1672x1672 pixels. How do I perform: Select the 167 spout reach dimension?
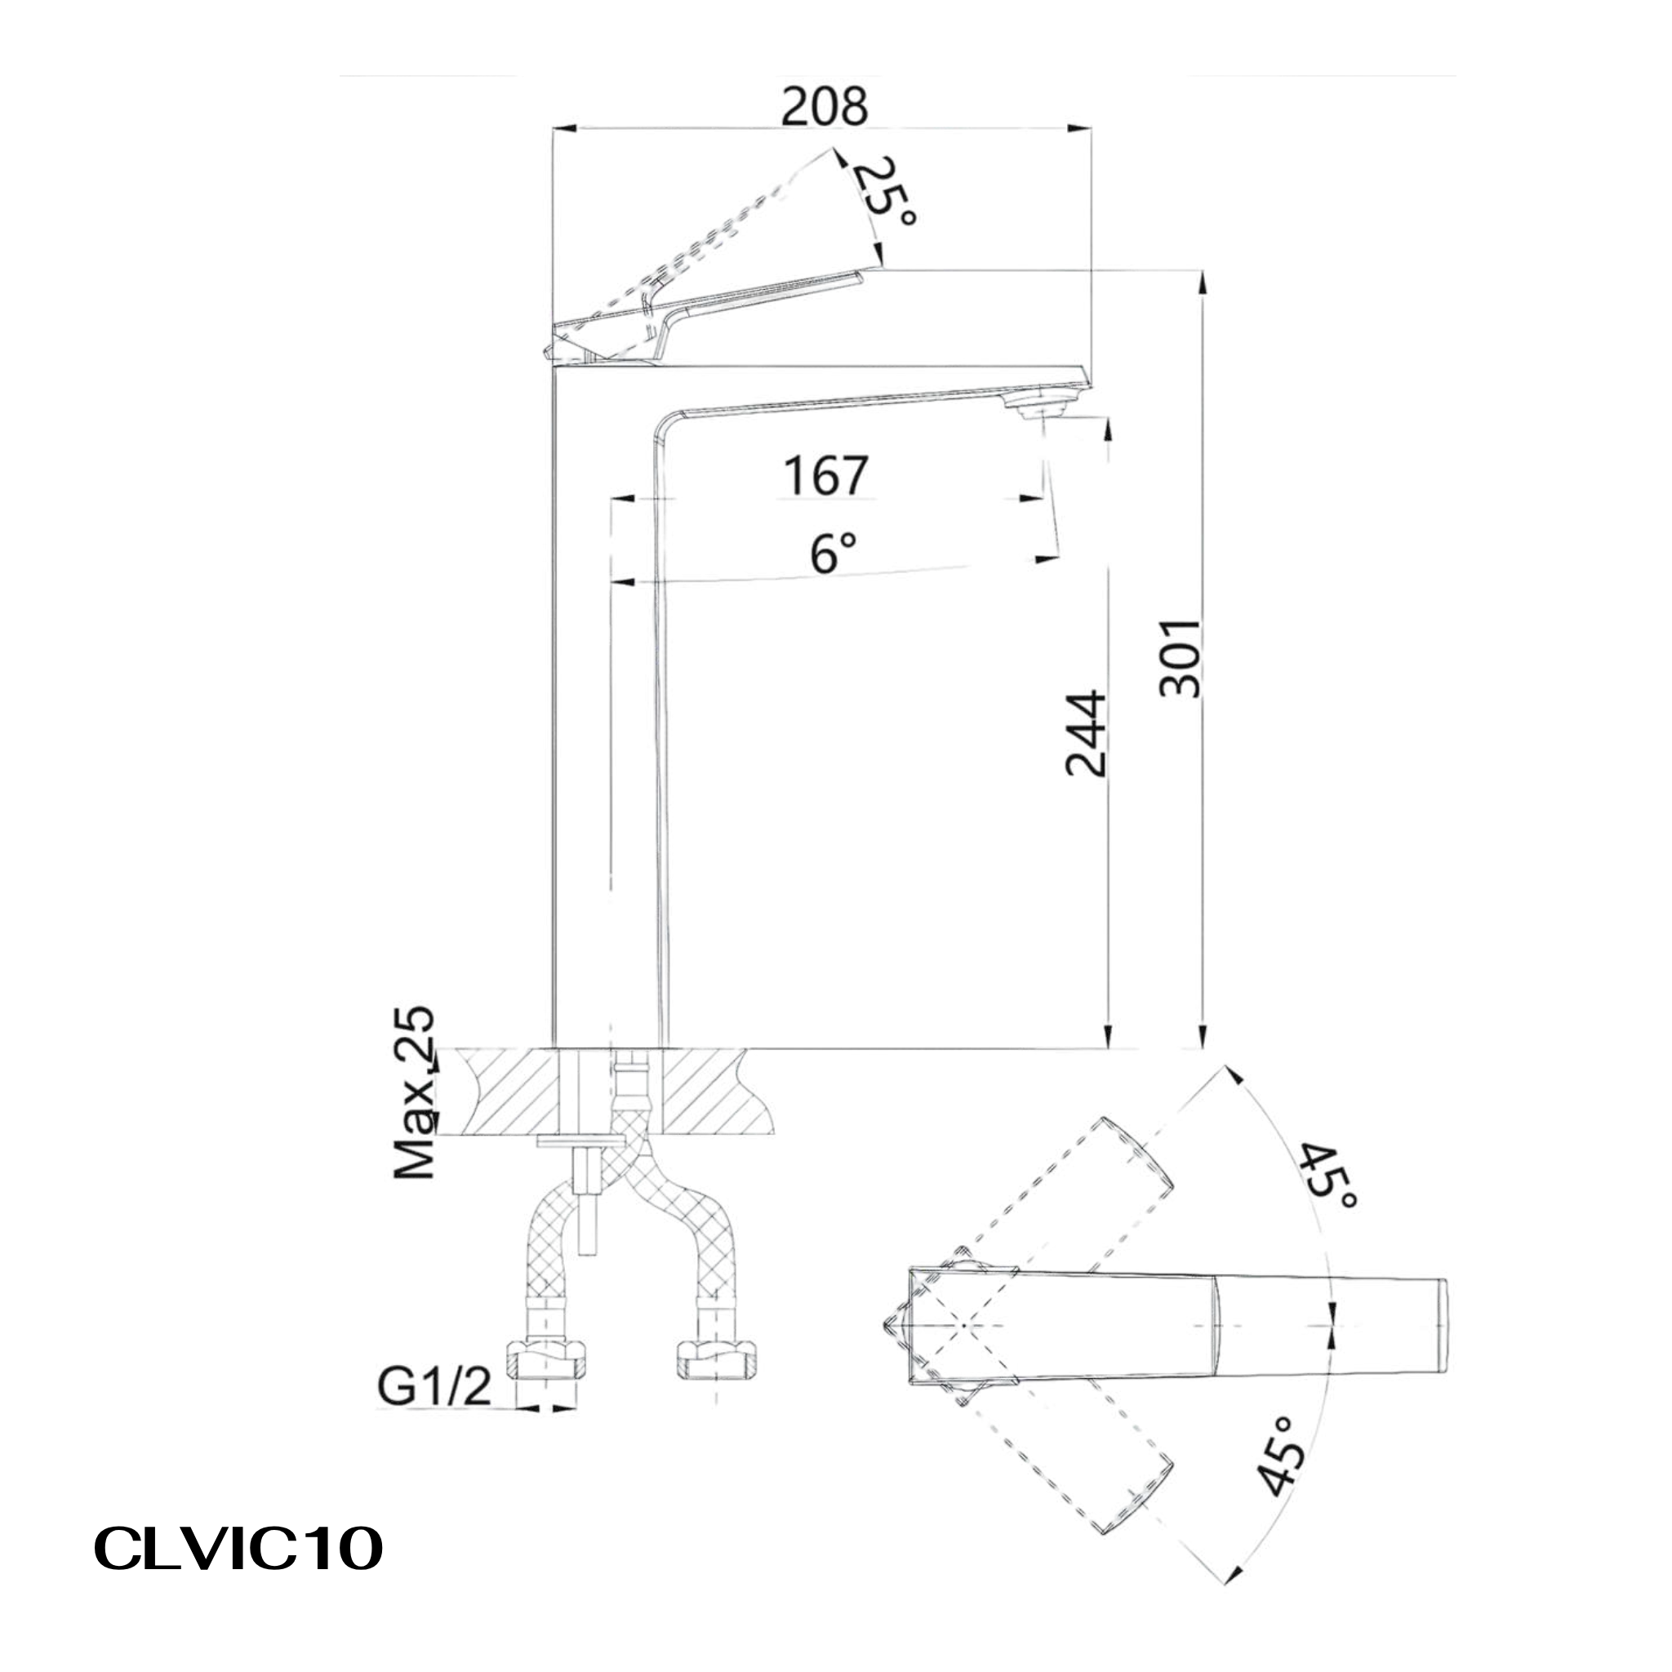tap(825, 475)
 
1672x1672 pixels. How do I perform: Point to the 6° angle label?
tap(833, 553)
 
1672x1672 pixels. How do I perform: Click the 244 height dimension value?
tap(1085, 733)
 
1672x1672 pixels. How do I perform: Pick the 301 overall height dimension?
tap(1180, 659)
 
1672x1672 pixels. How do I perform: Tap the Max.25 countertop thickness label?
tap(415, 1092)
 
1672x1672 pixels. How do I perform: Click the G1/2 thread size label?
tap(434, 1387)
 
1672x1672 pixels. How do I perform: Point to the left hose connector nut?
tap(545, 1358)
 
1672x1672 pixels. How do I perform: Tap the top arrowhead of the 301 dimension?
tap(1201, 282)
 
